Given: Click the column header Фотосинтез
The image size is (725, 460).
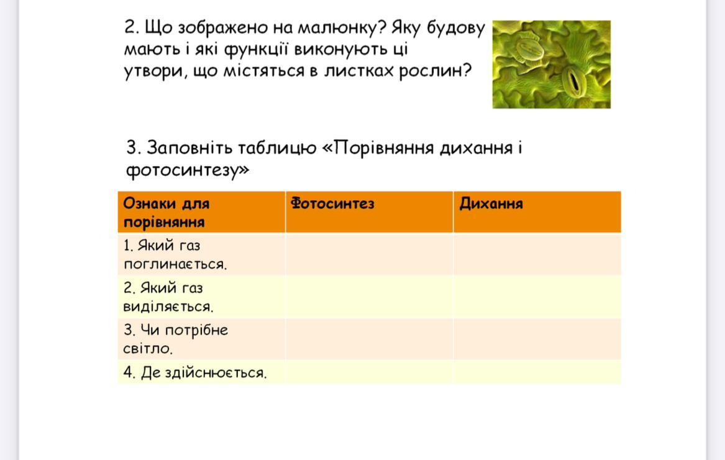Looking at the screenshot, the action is coord(332,204).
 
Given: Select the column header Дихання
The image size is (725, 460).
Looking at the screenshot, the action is coord(491,204).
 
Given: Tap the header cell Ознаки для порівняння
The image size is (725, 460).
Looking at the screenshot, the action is coord(166,213).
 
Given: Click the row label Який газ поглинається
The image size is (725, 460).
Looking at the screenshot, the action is coord(175,254).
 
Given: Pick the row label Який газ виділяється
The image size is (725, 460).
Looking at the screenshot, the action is coord(168,297).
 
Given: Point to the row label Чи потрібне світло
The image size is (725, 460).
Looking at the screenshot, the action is coord(176,339).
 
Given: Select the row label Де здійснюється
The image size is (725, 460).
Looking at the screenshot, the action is coord(195,372).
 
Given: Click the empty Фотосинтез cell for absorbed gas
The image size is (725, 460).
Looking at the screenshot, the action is coord(370,254).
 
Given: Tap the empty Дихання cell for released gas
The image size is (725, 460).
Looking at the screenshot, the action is coord(537,297).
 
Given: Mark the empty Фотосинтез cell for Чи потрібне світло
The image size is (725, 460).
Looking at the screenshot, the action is coord(370,339).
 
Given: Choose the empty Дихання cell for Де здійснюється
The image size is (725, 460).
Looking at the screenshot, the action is coord(537,372).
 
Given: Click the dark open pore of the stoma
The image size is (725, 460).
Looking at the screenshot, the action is coord(574,80).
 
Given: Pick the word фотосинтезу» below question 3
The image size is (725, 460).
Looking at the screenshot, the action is coord(188,170).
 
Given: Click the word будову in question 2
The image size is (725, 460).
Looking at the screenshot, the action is coord(455,28).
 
